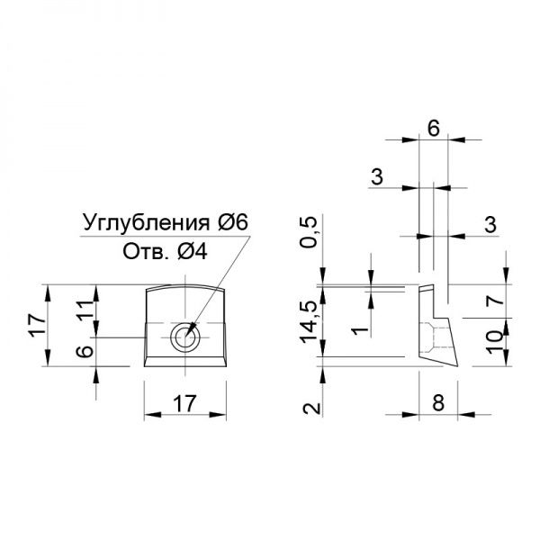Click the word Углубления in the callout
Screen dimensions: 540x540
146,223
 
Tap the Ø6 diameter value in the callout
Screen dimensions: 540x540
233,223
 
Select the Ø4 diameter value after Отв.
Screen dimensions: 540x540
193,252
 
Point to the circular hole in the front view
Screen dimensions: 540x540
186,337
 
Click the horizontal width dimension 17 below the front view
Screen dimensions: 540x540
184,403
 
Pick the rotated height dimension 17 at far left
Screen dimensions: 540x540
37,326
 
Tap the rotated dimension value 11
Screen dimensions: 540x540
85,310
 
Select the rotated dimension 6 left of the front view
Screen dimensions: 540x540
85,351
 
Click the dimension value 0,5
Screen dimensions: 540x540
307,232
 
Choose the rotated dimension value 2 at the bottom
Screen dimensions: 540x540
311,409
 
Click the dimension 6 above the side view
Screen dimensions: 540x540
434,129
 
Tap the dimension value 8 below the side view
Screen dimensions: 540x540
438,402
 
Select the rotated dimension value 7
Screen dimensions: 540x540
496,301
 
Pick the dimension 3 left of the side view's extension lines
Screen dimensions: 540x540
377,177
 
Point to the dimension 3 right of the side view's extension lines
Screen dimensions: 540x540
490,224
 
